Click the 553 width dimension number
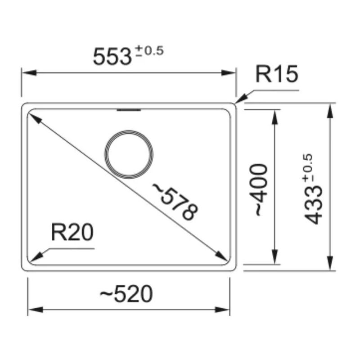click(112, 57)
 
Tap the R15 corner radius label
click(277, 74)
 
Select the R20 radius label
click(72, 232)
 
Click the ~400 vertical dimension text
click(261, 189)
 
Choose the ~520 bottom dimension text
click(126, 294)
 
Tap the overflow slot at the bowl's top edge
click(129, 110)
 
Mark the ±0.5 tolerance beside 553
click(149, 51)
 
